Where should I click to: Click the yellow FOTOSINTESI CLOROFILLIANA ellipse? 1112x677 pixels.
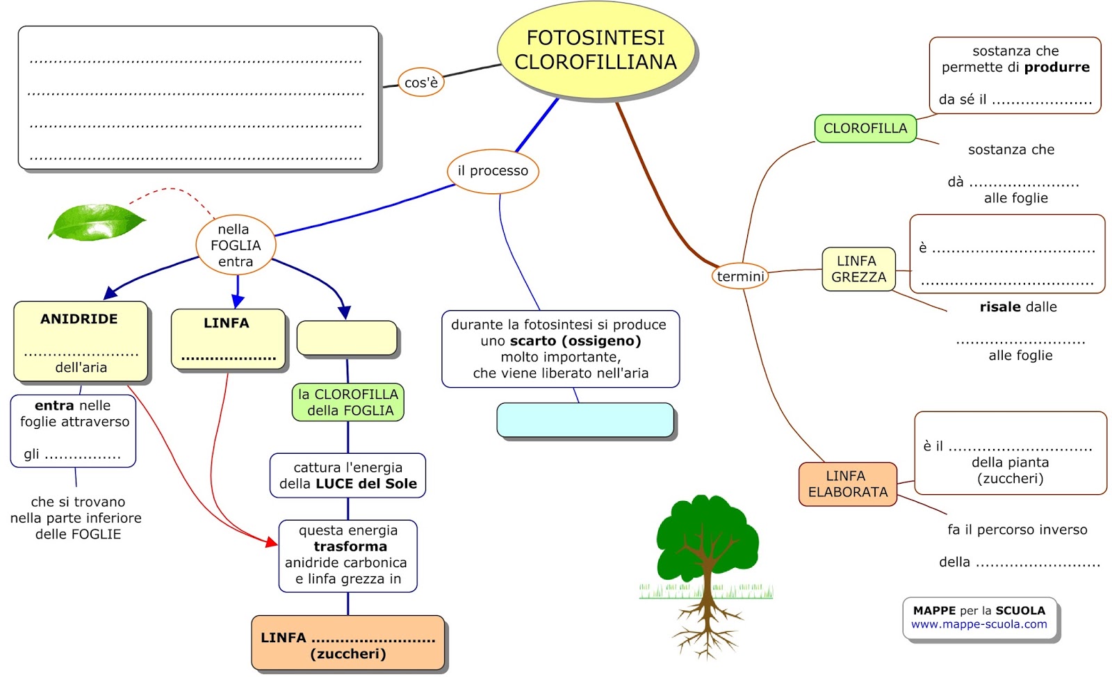point(596,50)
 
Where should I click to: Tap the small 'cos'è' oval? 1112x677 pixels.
point(420,82)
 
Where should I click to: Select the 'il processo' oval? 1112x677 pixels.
point(493,171)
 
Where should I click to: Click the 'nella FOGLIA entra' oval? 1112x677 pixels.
point(236,245)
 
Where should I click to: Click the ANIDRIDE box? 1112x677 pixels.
point(81,341)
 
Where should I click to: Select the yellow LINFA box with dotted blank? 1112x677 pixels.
point(228,338)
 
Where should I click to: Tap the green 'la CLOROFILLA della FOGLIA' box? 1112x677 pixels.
point(347,402)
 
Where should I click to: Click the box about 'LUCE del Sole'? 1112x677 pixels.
point(347,475)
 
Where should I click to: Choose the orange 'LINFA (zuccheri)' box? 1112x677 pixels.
point(347,644)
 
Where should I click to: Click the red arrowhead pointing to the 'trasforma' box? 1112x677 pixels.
point(272,541)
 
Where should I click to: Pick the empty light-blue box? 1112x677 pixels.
point(585,420)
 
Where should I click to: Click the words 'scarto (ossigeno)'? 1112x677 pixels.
point(575,341)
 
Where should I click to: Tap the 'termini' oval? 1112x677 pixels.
point(740,277)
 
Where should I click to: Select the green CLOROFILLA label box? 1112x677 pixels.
point(865,129)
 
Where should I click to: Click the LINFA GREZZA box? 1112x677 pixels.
point(858,269)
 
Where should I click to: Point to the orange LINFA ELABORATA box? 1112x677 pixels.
point(847,484)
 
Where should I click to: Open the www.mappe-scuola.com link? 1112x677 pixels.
point(979,624)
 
